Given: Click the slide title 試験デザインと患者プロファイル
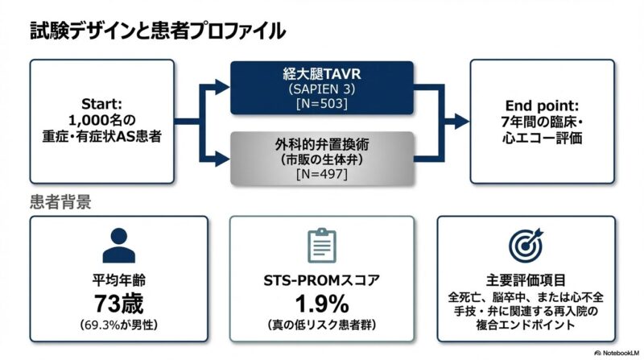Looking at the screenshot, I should (157, 31).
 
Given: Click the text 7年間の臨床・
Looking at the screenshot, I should (537, 122).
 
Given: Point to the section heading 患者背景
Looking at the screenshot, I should (60, 201).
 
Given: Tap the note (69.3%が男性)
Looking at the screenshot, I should (119, 325).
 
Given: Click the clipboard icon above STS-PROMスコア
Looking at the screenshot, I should (322, 244).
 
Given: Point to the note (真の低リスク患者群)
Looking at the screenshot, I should (322, 325).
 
